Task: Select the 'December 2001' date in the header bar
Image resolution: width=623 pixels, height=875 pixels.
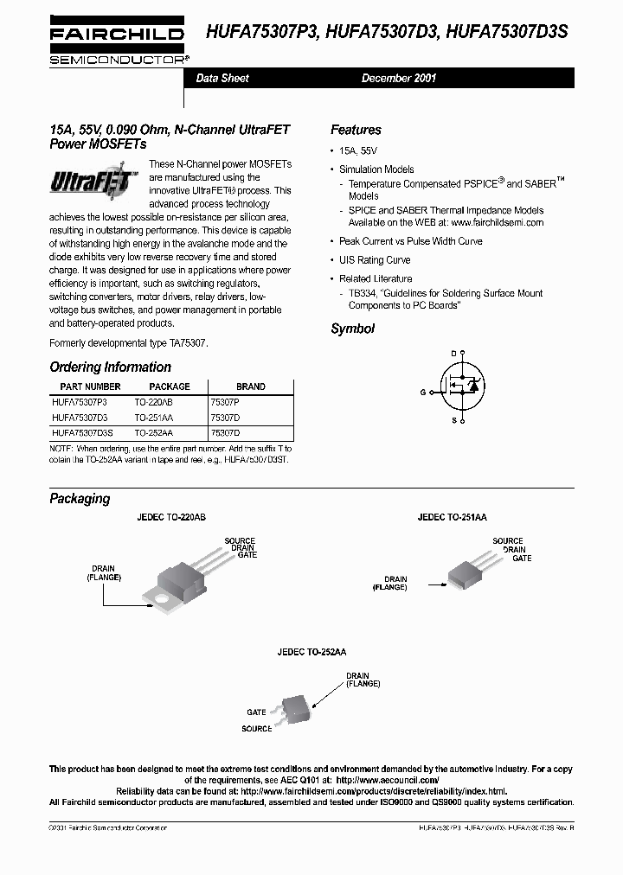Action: tap(398, 78)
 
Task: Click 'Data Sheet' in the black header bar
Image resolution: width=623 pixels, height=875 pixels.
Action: tap(222, 78)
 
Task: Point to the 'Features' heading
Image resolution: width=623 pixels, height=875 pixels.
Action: tap(356, 130)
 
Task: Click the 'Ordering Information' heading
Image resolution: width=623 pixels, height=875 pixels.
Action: tap(110, 367)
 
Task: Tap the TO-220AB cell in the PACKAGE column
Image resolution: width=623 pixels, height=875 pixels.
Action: tap(153, 402)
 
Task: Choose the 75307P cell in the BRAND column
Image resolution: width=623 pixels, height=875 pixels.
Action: tap(226, 402)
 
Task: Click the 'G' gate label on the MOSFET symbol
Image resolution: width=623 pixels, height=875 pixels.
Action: tap(423, 392)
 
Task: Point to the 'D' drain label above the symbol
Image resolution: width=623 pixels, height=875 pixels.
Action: tap(453, 354)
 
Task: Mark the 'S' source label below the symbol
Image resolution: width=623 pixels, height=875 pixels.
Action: tap(453, 419)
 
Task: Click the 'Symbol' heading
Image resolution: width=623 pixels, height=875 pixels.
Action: tap(352, 329)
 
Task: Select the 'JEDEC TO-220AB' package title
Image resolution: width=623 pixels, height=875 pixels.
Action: tap(170, 516)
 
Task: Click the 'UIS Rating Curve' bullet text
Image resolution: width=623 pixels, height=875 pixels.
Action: tap(375, 260)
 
